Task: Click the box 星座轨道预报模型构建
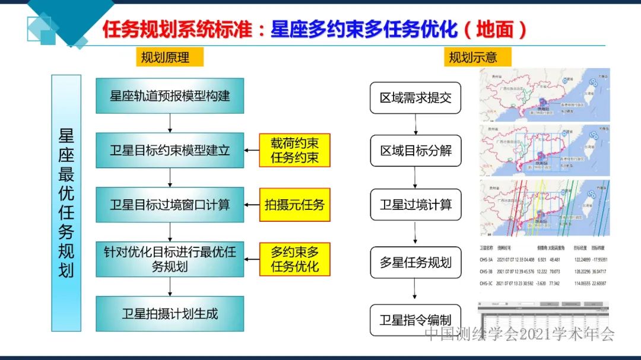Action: [170, 95]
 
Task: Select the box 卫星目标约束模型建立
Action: [170, 150]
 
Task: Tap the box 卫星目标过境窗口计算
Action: [170, 205]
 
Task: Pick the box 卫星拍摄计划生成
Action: [170, 314]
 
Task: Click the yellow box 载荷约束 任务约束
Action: [294, 150]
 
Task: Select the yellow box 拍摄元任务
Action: [294, 205]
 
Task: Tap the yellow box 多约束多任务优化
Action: [294, 259]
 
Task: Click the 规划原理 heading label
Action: [165, 57]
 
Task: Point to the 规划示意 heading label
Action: [472, 57]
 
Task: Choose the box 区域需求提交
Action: [415, 98]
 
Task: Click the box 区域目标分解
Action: [415, 151]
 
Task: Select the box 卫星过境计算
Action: [415, 205]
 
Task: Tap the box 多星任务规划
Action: [415, 262]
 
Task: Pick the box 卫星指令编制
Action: [415, 320]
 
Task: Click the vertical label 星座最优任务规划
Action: [66, 203]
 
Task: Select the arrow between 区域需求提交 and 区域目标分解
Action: [415, 124]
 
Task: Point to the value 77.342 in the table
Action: [553, 283]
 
